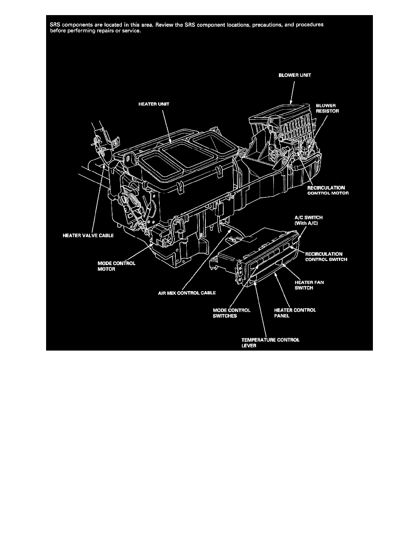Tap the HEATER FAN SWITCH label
pyautogui.click(x=310, y=285)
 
